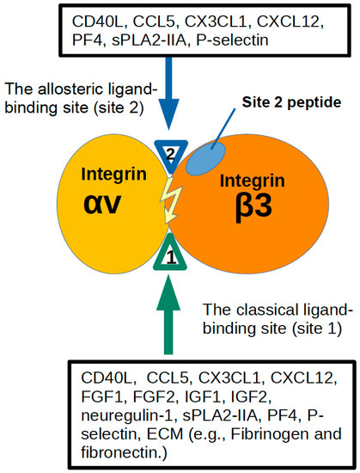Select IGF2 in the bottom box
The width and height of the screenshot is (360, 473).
pos(244,399)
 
